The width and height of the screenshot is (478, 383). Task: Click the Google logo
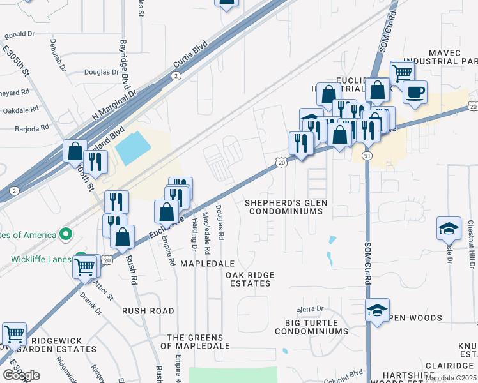pyautogui.click(x=21, y=375)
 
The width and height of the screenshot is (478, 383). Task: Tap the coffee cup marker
pyautogui.click(x=415, y=92)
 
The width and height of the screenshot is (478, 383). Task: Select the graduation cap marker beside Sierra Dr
pyautogui.click(x=378, y=310)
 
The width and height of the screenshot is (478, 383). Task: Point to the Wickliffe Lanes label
pyautogui.click(x=41, y=259)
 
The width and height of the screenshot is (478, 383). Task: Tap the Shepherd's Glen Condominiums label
pyautogui.click(x=286, y=206)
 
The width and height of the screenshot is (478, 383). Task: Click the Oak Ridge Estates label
pyautogui.click(x=250, y=279)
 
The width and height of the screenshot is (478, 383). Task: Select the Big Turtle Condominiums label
pyautogui.click(x=311, y=327)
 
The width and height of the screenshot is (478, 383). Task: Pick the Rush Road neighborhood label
pyautogui.click(x=148, y=311)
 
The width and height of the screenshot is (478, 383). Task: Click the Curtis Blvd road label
pyautogui.click(x=190, y=56)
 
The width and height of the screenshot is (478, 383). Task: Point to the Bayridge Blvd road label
pyautogui.click(x=124, y=64)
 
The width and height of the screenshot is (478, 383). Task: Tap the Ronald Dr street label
pyautogui.click(x=19, y=34)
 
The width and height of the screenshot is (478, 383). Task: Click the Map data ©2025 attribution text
pyautogui.click(x=451, y=378)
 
